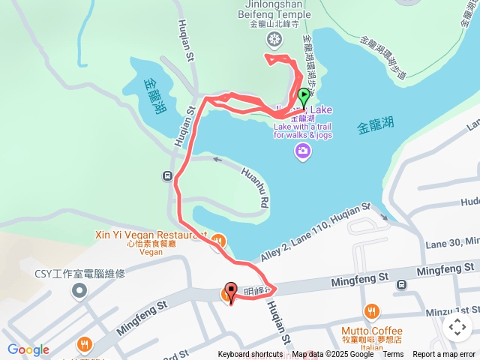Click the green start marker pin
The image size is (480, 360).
pos(304,97)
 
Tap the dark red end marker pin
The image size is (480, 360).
pos(231,291)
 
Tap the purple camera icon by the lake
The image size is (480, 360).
pos(303,152)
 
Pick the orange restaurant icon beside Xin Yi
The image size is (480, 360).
pos(218,241)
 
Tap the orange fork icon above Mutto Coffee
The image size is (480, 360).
pos(371,311)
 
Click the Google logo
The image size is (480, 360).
pos(28,350)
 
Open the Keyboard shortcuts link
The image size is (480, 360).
pos(250,355)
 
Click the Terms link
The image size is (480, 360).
pos(393,355)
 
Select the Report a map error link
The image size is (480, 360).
pos(444,355)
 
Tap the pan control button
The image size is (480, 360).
pos(457,326)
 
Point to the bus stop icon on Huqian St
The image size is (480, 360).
pos(166,176)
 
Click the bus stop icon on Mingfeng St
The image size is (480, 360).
pos(402,284)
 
